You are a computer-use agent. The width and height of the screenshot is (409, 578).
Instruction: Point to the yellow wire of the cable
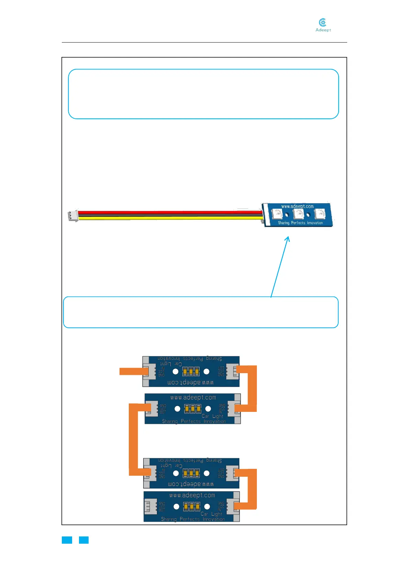(x=168, y=218)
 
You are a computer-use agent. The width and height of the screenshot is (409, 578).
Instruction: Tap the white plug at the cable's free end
(x=72, y=216)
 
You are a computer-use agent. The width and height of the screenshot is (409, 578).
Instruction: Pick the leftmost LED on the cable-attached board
(x=277, y=214)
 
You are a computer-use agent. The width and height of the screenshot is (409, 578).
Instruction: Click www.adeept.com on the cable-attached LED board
(x=297, y=206)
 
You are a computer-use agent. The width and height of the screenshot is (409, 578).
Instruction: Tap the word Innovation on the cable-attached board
(x=315, y=223)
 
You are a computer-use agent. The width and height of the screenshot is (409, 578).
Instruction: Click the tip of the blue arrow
(x=288, y=237)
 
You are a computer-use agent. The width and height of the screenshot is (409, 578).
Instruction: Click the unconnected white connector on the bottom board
(x=150, y=506)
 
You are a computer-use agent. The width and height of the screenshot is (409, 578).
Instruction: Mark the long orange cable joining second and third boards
(x=133, y=439)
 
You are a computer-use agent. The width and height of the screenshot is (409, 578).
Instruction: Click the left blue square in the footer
(x=67, y=540)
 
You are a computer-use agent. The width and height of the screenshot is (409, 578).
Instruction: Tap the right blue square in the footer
(x=84, y=540)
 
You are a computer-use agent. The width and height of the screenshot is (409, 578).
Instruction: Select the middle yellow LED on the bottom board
(x=192, y=507)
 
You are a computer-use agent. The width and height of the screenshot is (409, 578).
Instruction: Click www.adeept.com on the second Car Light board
(x=193, y=397)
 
